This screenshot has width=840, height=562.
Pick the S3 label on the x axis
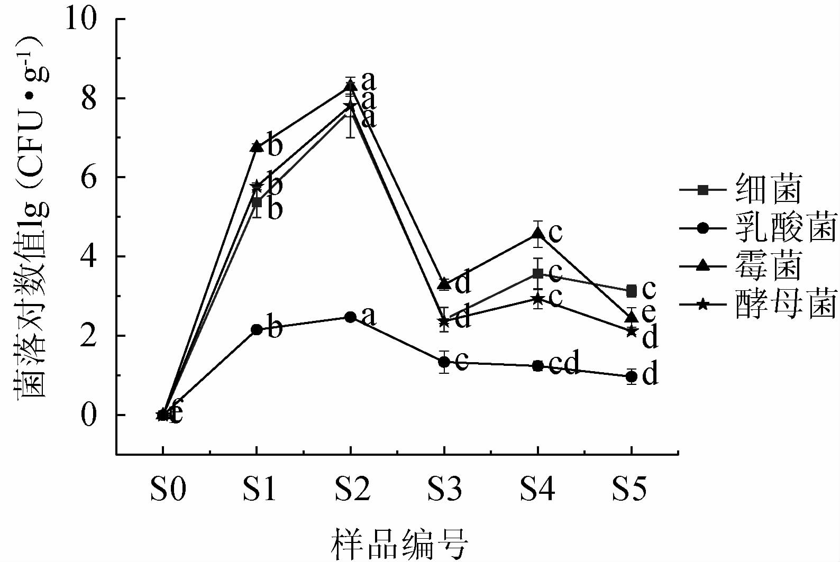click(x=444, y=489)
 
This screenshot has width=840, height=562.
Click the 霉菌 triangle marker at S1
click(x=257, y=146)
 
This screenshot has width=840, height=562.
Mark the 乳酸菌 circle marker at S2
click(x=350, y=317)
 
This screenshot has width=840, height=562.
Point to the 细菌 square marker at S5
click(x=631, y=291)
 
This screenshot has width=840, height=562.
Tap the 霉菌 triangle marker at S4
click(x=538, y=233)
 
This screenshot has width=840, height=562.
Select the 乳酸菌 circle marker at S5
click(x=631, y=377)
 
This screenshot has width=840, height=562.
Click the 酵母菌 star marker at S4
click(x=538, y=299)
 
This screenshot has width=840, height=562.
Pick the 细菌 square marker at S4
click(x=538, y=273)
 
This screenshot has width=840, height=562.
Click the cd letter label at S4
click(x=564, y=363)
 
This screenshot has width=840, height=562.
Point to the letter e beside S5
click(x=649, y=312)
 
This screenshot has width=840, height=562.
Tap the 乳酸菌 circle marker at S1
click(x=257, y=329)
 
